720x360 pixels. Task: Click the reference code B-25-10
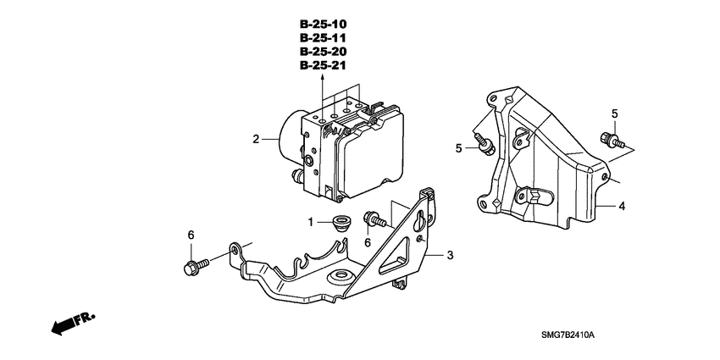pyautogui.click(x=323, y=24)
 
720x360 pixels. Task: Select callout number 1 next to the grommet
pyautogui.click(x=311, y=222)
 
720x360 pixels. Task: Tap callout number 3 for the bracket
pyautogui.click(x=451, y=254)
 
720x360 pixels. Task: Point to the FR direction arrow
pyautogui.click(x=72, y=323)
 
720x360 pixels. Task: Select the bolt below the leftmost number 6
pyautogui.click(x=191, y=268)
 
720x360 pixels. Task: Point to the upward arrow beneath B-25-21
pyautogui.click(x=323, y=78)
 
